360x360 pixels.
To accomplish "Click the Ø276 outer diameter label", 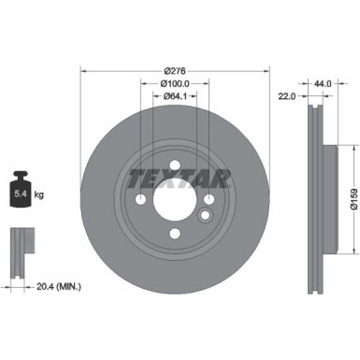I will (175, 70).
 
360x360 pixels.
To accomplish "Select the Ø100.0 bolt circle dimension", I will (175, 82).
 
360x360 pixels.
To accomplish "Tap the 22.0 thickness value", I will (286, 95).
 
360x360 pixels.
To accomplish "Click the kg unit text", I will (37, 197).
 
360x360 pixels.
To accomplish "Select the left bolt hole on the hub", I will (141, 200).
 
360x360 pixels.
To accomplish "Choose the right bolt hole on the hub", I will (209, 200).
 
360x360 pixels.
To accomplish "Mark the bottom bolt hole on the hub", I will (175, 235).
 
